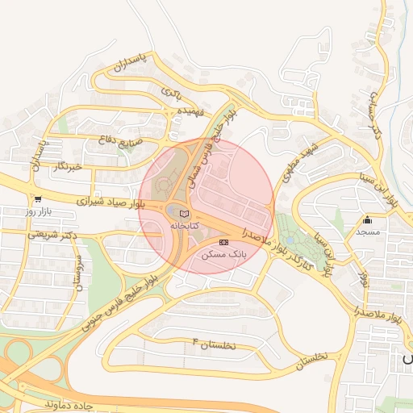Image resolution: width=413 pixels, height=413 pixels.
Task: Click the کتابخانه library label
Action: [183, 227]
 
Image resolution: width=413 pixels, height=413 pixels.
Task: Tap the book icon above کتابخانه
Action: [184, 214]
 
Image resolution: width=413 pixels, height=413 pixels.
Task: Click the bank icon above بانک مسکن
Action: [223, 242]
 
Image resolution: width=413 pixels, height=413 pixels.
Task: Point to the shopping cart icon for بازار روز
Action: [37, 198]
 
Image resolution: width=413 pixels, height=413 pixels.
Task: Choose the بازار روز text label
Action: [37, 211]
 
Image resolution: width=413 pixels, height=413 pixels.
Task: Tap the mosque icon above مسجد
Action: [368, 220]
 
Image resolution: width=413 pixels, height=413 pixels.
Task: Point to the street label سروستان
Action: [78, 273]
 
